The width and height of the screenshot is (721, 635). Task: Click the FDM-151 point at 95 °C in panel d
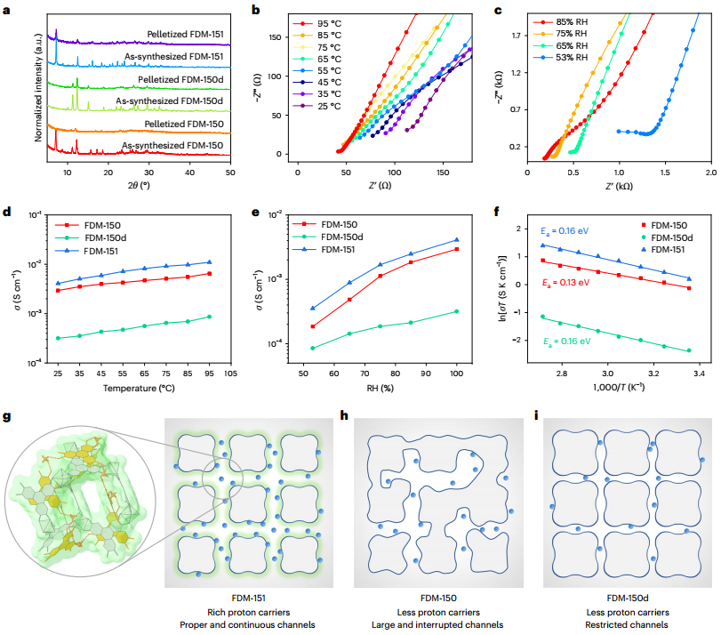tap(210, 262)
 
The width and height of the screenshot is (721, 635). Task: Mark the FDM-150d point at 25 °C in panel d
tap(58, 338)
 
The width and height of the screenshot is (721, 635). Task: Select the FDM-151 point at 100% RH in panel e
tap(457, 240)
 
